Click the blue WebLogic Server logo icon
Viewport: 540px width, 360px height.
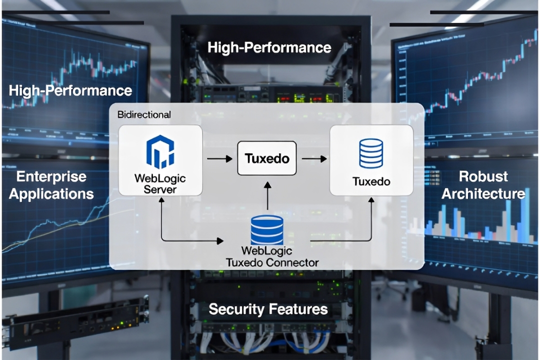click(160, 151)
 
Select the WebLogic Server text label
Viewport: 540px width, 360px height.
click(160, 183)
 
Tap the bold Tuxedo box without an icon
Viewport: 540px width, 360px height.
click(267, 158)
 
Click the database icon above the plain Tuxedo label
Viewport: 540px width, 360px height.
click(371, 153)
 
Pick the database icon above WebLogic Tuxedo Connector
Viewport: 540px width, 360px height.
click(266, 229)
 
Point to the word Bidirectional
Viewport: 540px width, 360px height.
click(144, 114)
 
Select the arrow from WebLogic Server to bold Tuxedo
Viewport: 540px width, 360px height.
click(219, 159)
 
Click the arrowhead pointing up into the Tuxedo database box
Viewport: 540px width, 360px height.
click(371, 199)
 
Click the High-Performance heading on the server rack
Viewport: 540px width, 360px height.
click(269, 48)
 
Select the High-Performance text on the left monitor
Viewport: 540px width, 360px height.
click(70, 90)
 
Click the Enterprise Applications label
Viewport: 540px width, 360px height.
click(51, 185)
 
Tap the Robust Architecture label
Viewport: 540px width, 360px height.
click(483, 185)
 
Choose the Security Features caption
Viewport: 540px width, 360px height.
click(268, 309)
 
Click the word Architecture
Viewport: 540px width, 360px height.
click(483, 194)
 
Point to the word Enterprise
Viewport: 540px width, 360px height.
click(51, 176)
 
